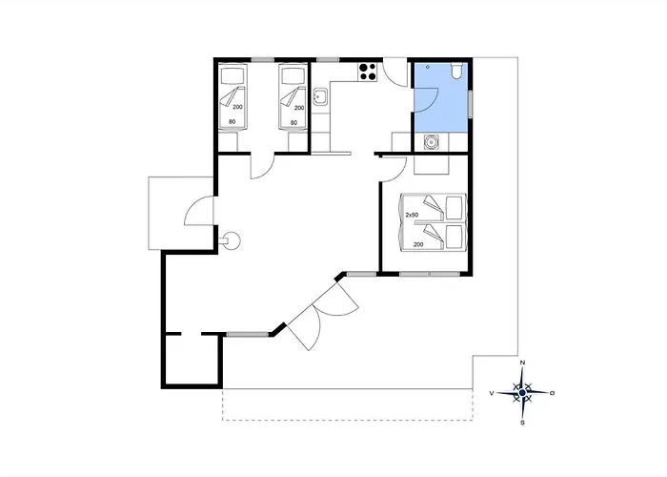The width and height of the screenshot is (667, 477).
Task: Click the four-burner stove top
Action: (x=368, y=72)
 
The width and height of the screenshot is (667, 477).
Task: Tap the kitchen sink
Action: (x=320, y=97)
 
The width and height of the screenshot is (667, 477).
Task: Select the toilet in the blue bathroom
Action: (x=456, y=71)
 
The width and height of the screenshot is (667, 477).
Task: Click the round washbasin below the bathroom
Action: (x=432, y=142)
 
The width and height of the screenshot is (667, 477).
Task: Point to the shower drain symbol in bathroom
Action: (x=428, y=67)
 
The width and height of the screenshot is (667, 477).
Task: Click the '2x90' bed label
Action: (x=412, y=215)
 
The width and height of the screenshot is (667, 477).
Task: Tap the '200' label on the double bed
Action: (x=418, y=244)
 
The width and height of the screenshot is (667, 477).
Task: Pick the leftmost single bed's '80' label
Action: (x=232, y=122)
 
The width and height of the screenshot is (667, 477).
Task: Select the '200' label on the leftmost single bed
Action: (x=238, y=107)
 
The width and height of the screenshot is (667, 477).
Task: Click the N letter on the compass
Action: (x=523, y=363)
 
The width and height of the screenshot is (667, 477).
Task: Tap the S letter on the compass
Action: (x=523, y=423)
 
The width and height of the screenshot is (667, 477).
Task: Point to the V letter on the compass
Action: (x=492, y=393)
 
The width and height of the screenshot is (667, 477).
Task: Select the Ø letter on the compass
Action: (x=553, y=393)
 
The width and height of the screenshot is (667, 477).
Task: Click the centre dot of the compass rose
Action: (x=522, y=392)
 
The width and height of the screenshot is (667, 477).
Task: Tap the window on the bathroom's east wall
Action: (x=471, y=104)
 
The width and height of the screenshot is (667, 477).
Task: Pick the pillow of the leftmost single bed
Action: (x=232, y=76)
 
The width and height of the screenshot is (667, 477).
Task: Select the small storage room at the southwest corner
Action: (x=192, y=360)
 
